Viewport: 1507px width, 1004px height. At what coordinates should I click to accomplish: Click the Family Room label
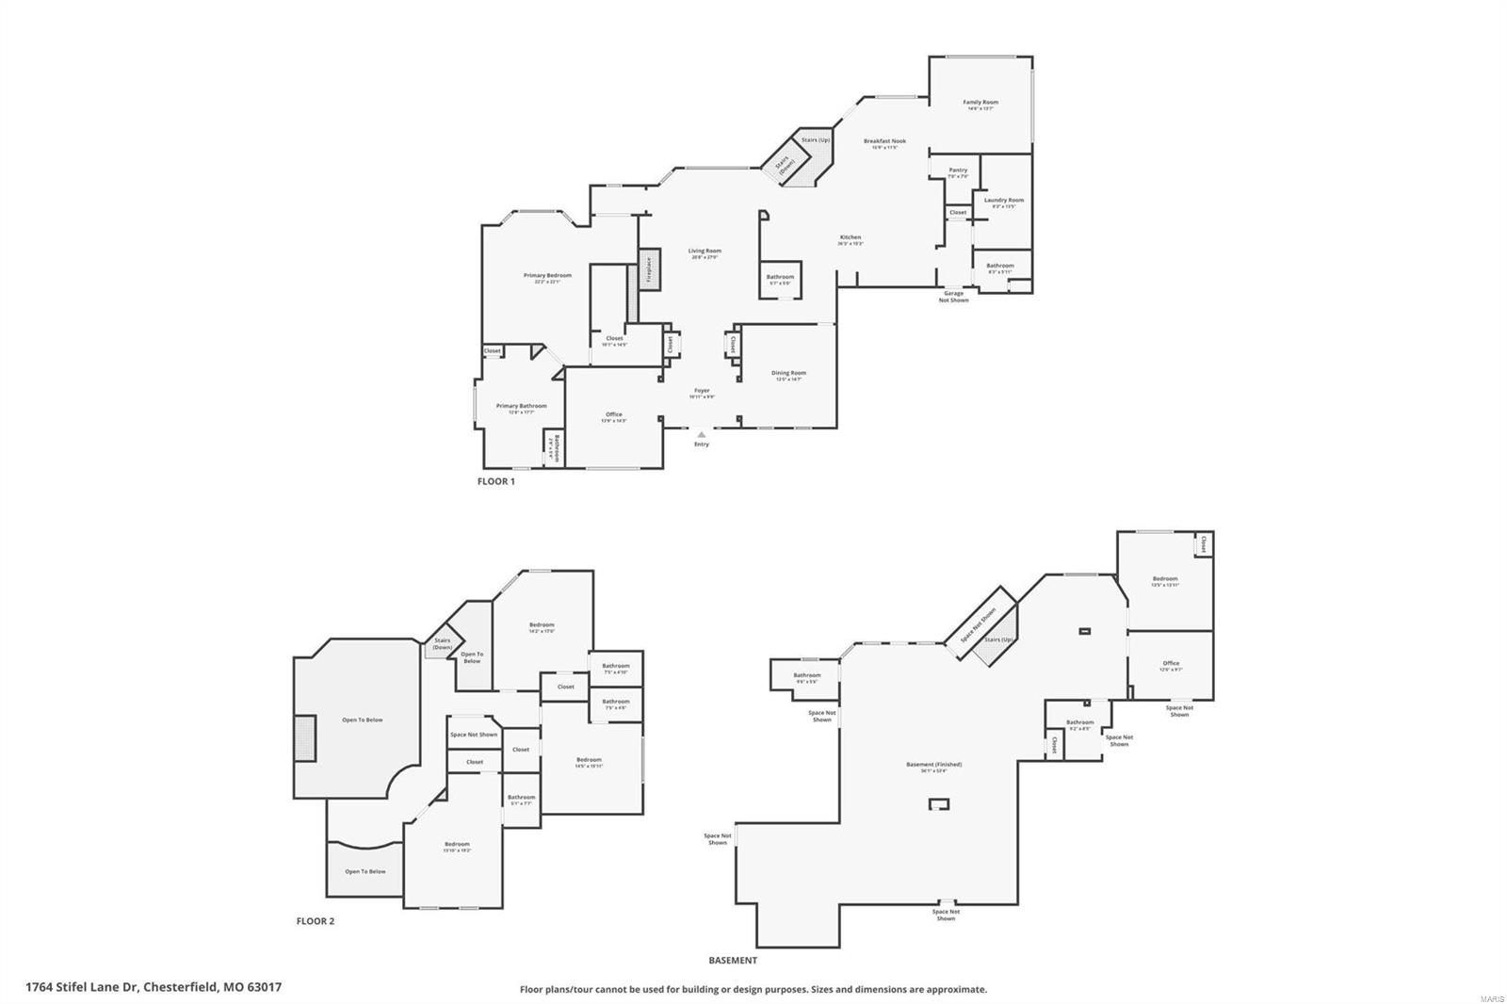980,102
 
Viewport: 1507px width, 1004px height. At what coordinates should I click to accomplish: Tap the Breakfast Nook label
884,141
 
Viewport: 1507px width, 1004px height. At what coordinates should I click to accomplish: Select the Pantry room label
958,170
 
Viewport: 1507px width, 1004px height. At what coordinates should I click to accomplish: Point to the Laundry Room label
1003,200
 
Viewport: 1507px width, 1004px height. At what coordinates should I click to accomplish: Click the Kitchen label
851,237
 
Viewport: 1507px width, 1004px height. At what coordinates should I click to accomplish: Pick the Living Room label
705,251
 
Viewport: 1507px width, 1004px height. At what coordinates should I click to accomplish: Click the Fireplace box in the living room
648,270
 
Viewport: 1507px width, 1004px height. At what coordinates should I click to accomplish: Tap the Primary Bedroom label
547,276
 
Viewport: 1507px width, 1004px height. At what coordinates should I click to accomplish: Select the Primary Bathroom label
521,406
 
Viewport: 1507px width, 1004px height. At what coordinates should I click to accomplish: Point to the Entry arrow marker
701,435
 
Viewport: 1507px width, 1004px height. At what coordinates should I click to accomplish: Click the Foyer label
702,391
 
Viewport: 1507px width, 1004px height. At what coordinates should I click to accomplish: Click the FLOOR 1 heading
496,481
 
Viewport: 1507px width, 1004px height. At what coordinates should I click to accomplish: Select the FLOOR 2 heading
315,921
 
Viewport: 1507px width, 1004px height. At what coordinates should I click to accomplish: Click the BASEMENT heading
733,961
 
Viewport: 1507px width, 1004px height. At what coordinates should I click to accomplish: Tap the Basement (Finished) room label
933,765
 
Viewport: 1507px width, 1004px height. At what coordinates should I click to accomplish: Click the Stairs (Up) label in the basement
998,640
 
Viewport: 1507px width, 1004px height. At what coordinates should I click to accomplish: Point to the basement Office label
1171,663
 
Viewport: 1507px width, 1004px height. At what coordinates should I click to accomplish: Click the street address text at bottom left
154,987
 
